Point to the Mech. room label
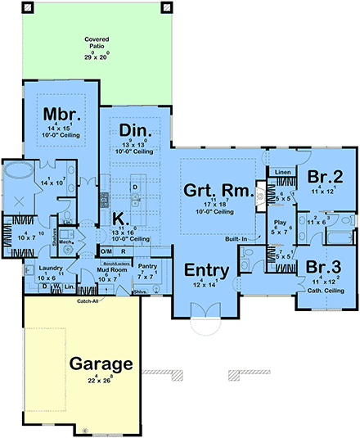pos(66,242)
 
